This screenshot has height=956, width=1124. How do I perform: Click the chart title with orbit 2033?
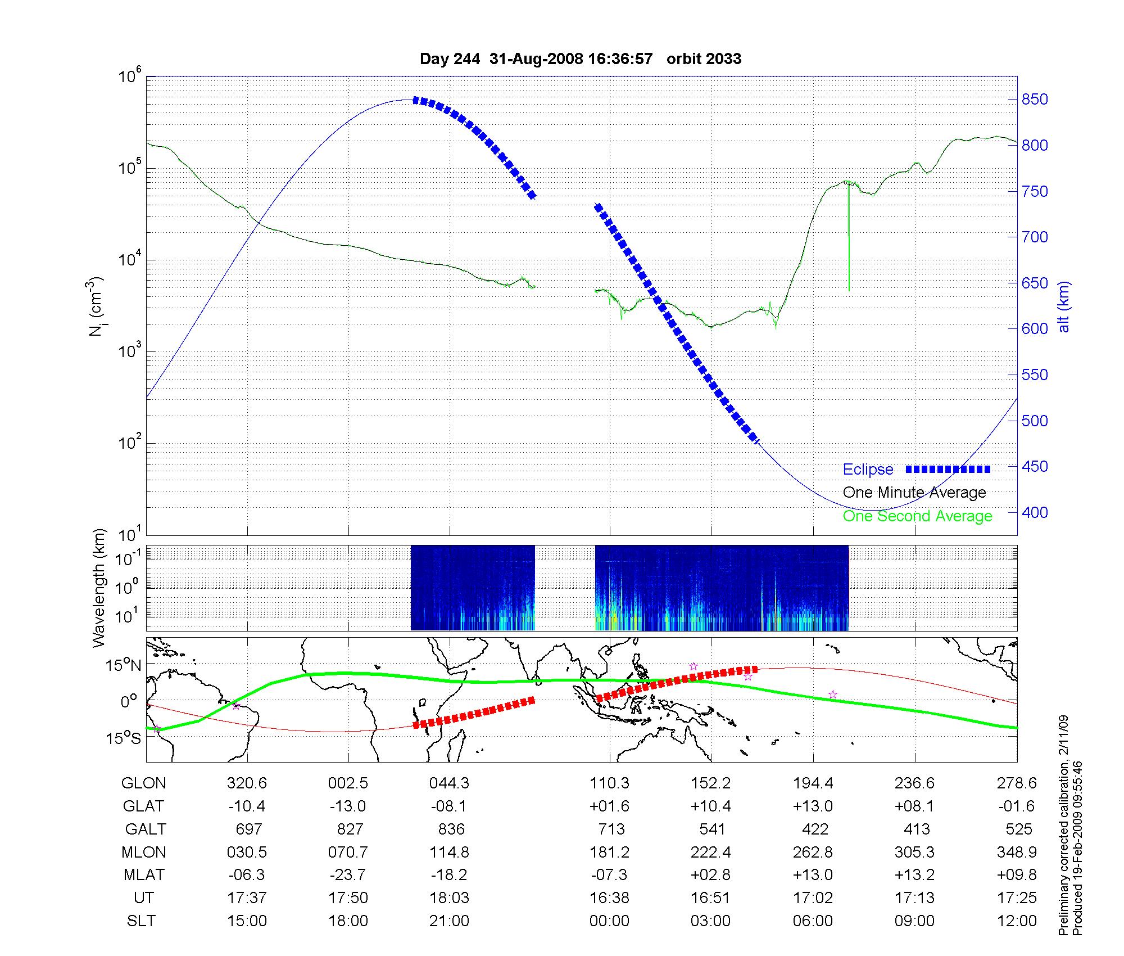[x=580, y=58]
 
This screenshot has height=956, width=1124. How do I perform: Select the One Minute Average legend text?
[x=914, y=493]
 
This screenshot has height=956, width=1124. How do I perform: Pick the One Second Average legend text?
[x=917, y=516]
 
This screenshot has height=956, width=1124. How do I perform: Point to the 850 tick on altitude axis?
[x=1035, y=100]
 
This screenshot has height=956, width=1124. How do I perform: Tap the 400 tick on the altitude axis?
[x=1035, y=512]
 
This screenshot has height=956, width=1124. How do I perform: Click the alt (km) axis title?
[x=1064, y=306]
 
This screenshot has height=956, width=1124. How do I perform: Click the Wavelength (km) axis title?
[x=99, y=588]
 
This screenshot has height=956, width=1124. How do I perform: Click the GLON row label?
[x=143, y=783]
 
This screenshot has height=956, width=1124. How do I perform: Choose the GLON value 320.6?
[x=247, y=783]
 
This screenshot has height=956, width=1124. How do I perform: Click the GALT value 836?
[x=451, y=829]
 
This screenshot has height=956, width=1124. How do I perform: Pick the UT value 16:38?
[x=609, y=898]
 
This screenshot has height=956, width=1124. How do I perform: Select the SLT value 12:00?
[x=1018, y=921]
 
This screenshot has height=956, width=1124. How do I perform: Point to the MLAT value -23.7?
[x=348, y=875]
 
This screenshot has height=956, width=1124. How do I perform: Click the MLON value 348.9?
[x=1018, y=853]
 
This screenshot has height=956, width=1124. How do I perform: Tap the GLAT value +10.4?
[x=711, y=806]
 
